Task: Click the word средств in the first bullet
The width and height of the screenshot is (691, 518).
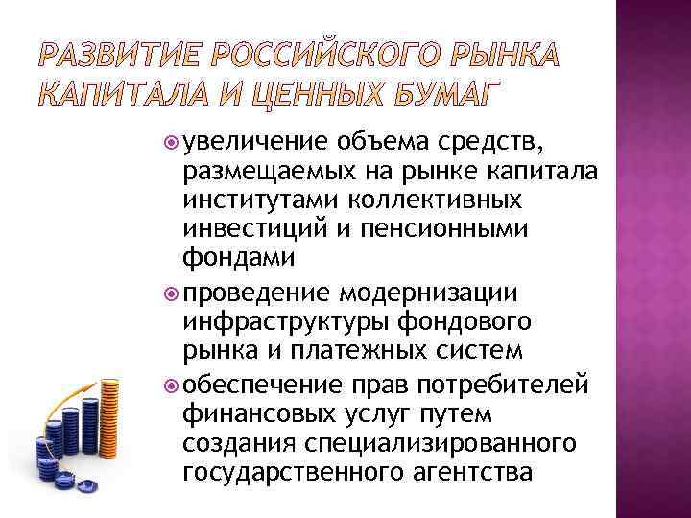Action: click(492, 145)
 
